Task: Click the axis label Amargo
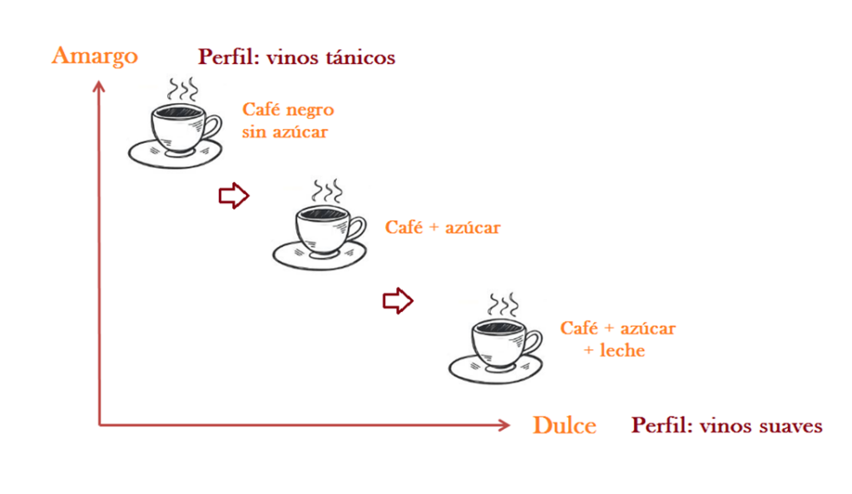pyautogui.click(x=94, y=57)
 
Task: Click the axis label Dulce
pyautogui.click(x=564, y=426)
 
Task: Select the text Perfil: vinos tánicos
pyautogui.click(x=296, y=57)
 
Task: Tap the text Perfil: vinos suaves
pyautogui.click(x=726, y=426)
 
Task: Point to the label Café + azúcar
pyautogui.click(x=443, y=227)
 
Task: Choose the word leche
pyautogui.click(x=620, y=351)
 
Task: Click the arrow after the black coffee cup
pyautogui.click(x=234, y=196)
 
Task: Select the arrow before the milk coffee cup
pyautogui.click(x=398, y=301)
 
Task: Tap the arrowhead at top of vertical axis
pyautogui.click(x=99, y=85)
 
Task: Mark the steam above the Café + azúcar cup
pyautogui.click(x=327, y=190)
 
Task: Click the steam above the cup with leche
pyautogui.click(x=503, y=303)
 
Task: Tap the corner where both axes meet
pyautogui.click(x=100, y=425)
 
